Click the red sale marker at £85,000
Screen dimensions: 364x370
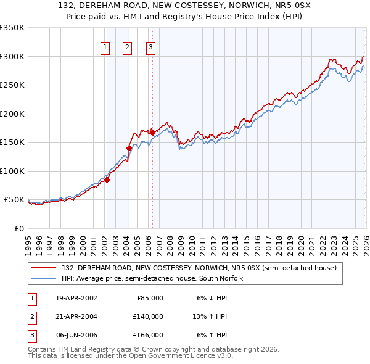(x=107, y=180)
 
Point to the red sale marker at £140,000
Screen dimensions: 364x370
(x=129, y=148)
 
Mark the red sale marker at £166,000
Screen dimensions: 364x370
(x=152, y=131)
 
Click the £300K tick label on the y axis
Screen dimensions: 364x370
(x=12, y=56)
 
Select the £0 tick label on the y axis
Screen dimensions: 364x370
(x=20, y=229)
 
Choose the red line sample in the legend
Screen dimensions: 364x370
(x=44, y=268)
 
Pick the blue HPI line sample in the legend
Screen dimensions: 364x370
(x=44, y=279)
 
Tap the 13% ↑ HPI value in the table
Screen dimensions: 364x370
(x=210, y=316)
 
